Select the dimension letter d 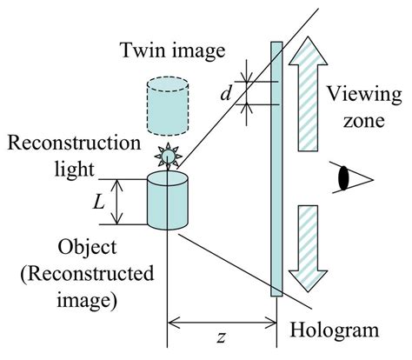click(226, 91)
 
